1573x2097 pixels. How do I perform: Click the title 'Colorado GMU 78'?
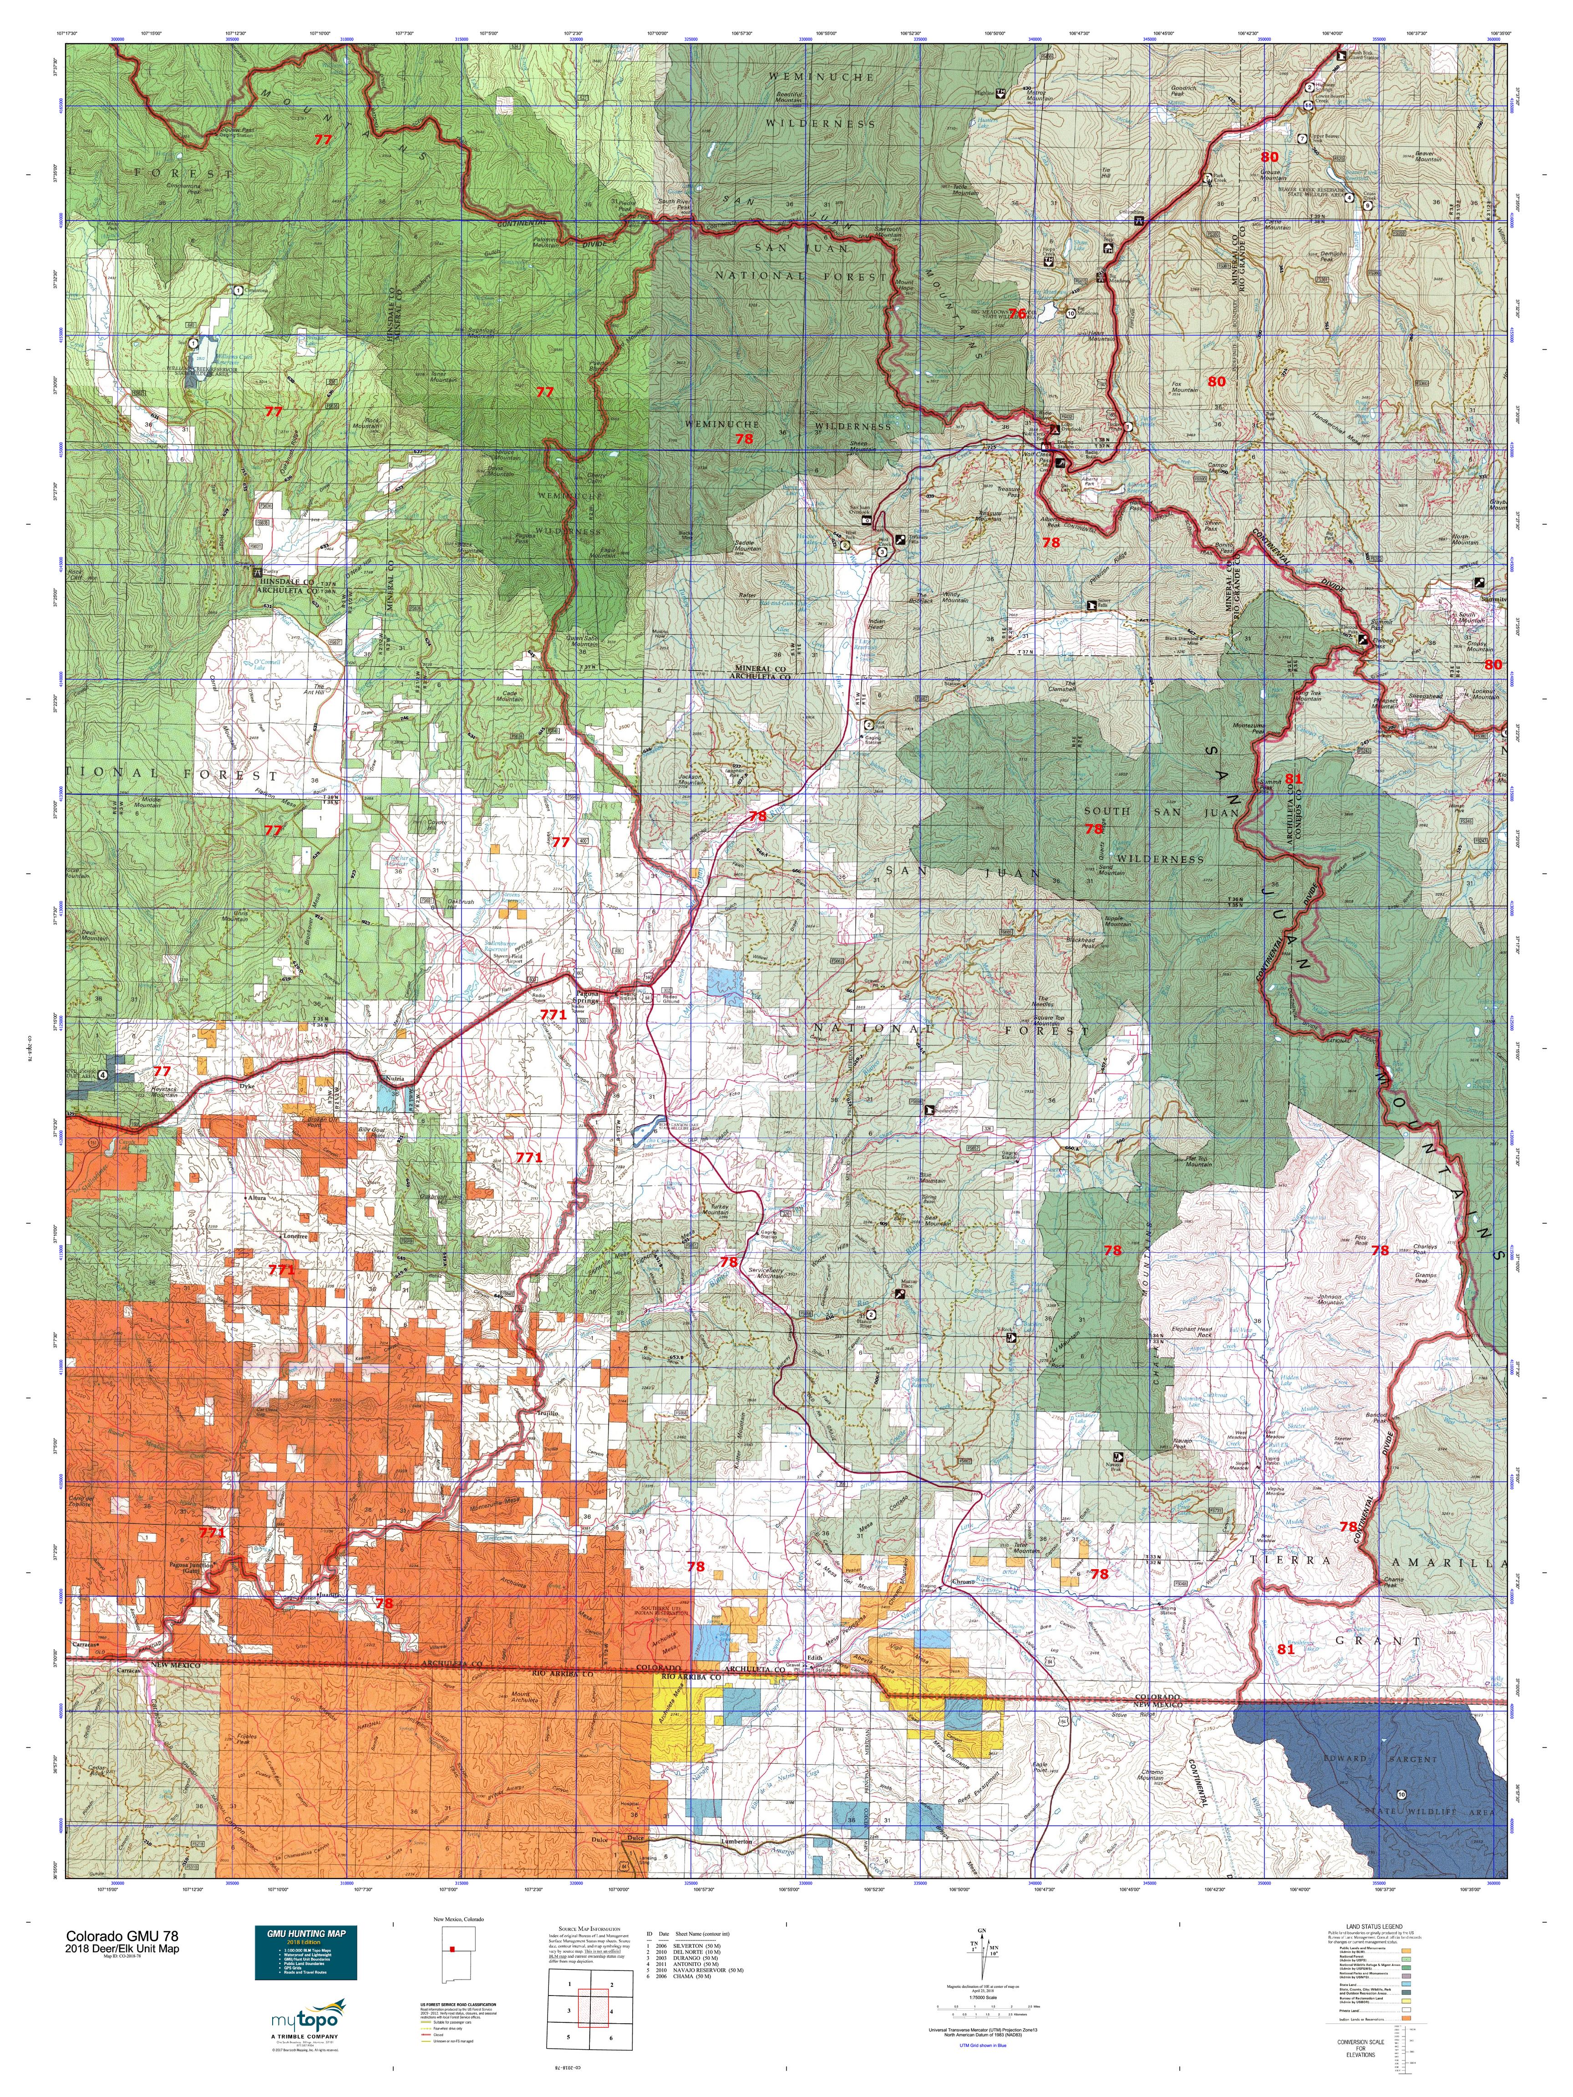pyautogui.click(x=122, y=1936)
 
